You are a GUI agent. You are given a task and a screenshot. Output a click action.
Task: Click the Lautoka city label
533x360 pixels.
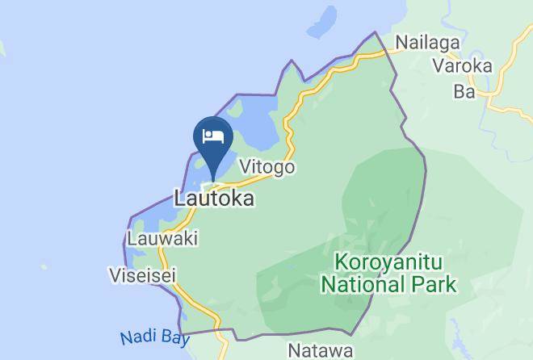click(214, 198)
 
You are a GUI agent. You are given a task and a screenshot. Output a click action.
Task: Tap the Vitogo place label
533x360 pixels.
click(267, 167)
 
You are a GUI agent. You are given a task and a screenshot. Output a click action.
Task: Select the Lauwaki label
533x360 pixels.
click(163, 239)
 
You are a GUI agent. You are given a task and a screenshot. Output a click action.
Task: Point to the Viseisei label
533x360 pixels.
click(142, 275)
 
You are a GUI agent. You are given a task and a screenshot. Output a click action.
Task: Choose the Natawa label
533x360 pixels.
click(321, 351)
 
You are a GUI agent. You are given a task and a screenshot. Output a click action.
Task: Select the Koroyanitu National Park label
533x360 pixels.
click(389, 273)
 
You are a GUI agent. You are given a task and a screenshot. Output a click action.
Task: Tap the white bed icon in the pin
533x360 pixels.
click(213, 135)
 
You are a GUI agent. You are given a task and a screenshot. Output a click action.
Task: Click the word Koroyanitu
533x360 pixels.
click(389, 262)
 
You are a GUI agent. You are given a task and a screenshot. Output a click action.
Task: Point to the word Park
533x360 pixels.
click(436, 284)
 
